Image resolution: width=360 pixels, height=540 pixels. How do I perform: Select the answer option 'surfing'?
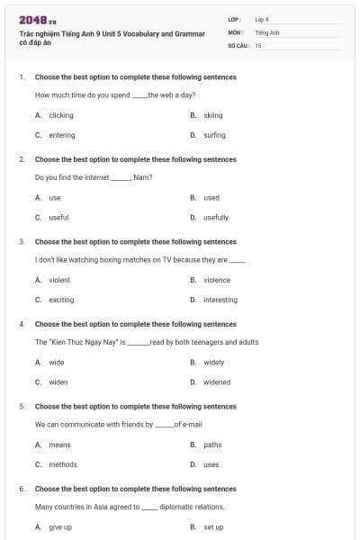[214, 135]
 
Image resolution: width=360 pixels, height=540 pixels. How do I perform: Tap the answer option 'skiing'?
[212, 115]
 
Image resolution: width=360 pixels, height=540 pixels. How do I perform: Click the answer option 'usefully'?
[216, 217]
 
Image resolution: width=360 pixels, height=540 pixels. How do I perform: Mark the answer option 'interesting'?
[220, 300]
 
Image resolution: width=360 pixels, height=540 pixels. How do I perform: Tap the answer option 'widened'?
[217, 382]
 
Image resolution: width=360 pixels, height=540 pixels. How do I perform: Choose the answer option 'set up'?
[213, 526]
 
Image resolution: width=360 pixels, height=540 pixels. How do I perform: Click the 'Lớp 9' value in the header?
[262, 19]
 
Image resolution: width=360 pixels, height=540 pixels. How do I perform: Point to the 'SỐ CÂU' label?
[238, 44]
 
